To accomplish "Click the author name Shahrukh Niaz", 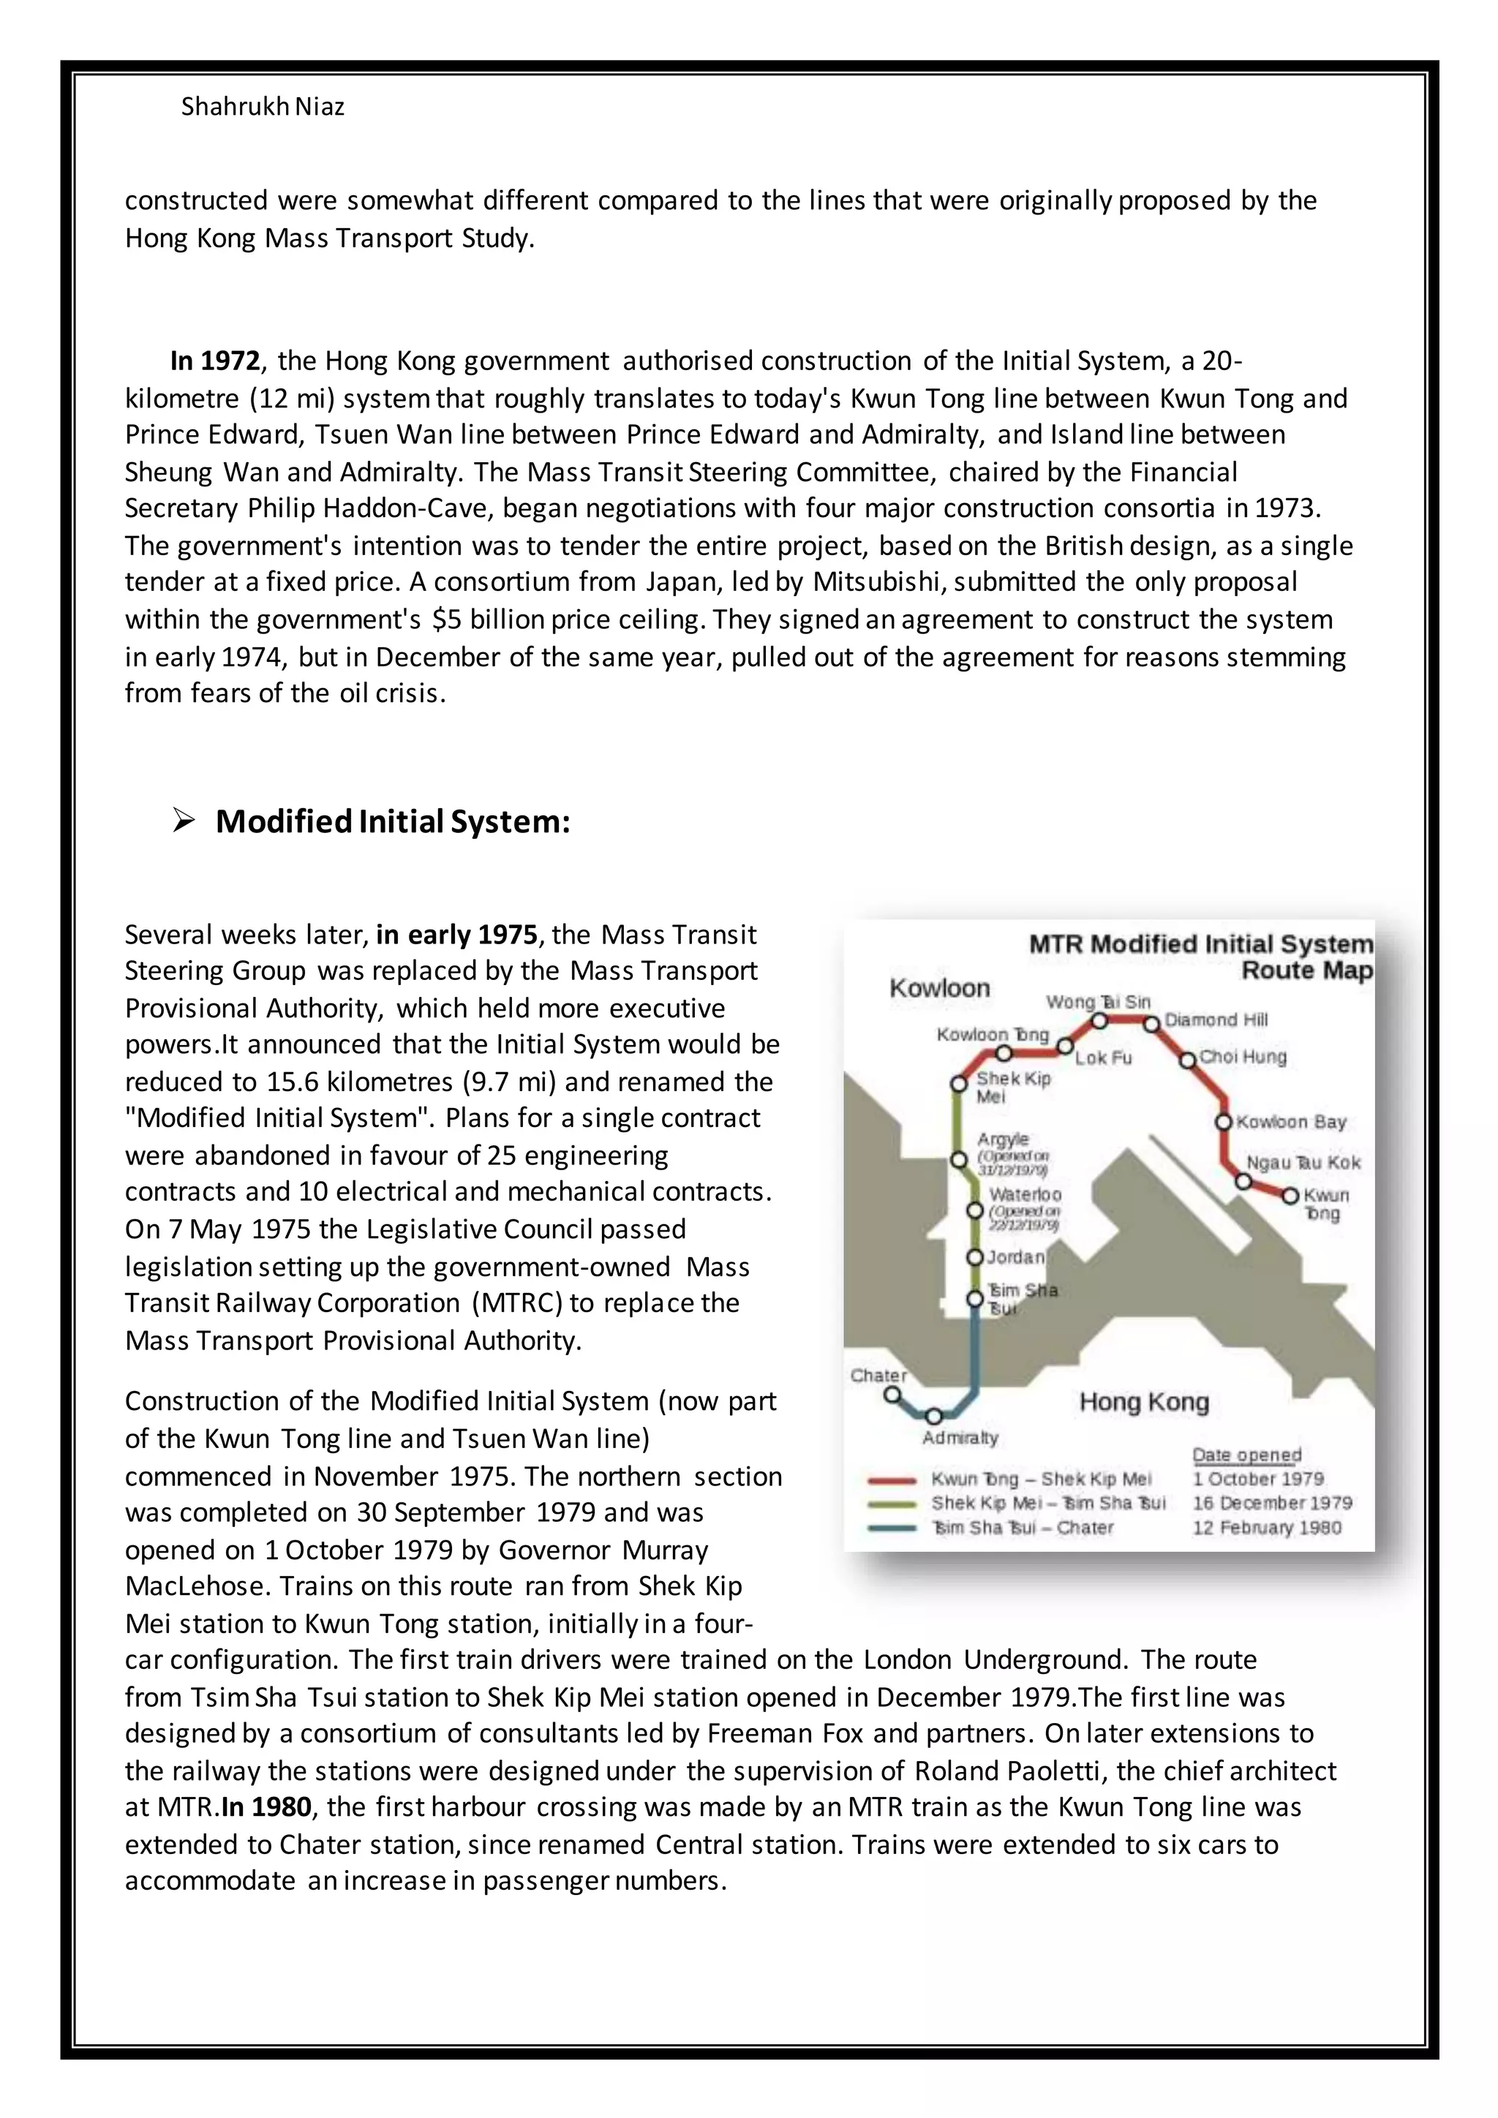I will click(262, 107).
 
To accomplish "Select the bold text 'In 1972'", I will click(215, 360).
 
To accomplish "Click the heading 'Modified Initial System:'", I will click(393, 821).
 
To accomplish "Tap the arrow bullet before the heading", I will click(183, 820).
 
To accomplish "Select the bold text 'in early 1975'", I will click(456, 935).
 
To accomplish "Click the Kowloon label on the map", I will click(938, 988).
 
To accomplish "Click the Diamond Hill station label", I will click(1215, 1020).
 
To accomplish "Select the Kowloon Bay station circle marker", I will click(1223, 1123).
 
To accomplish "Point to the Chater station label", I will click(878, 1376).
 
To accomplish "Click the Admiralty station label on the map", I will click(960, 1437).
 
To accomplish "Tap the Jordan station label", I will click(1015, 1257).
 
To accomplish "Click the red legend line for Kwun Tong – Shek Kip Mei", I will click(891, 1480).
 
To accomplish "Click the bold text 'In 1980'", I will click(266, 1807).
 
